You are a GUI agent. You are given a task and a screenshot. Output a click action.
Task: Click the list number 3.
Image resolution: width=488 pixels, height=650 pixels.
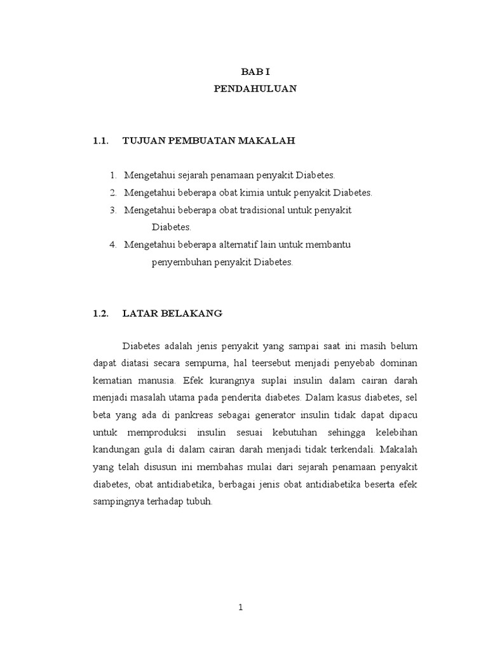tap(112, 209)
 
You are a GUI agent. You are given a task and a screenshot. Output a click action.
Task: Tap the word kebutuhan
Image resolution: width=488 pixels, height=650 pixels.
tap(320, 432)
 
